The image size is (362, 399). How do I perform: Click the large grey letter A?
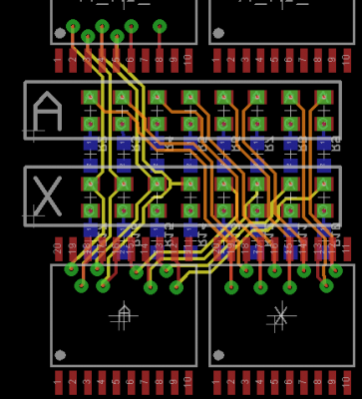pyautogui.click(x=47, y=111)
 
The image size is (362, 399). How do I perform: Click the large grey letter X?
pyautogui.click(x=47, y=196)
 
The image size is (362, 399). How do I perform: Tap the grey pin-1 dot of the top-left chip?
pyautogui.click(x=60, y=34)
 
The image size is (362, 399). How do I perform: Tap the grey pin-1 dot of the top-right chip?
pyautogui.click(x=218, y=34)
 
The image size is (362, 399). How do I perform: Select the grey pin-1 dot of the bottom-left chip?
pyautogui.click(x=60, y=355)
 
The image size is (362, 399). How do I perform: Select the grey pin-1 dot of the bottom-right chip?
pyautogui.click(x=218, y=355)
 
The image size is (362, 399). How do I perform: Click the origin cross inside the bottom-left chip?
pyautogui.click(x=123, y=317)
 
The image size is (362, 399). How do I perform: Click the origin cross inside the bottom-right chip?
pyautogui.click(x=280, y=317)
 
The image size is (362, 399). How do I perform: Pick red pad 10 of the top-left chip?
pyautogui.click(x=188, y=60)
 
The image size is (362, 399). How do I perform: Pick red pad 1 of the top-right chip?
pyautogui.click(x=216, y=60)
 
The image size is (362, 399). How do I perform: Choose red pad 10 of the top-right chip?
pyautogui.click(x=347, y=60)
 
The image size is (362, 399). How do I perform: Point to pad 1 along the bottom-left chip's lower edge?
pyautogui.click(x=58, y=382)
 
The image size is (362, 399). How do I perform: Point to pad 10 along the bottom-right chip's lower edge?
pyautogui.click(x=347, y=382)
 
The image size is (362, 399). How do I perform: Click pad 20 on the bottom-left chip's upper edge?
pyautogui.click(x=58, y=248)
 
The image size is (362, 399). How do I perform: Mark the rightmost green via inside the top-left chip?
pyautogui.click(x=160, y=26)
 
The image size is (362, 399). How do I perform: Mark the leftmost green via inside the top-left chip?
pyautogui.click(x=73, y=26)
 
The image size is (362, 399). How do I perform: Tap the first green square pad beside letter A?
pyautogui.click(x=90, y=98)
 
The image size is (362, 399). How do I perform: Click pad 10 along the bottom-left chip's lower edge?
pyautogui.click(x=188, y=382)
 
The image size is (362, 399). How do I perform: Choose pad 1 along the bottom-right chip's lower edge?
pyautogui.click(x=216, y=382)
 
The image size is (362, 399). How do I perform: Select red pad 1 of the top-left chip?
pyautogui.click(x=58, y=60)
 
